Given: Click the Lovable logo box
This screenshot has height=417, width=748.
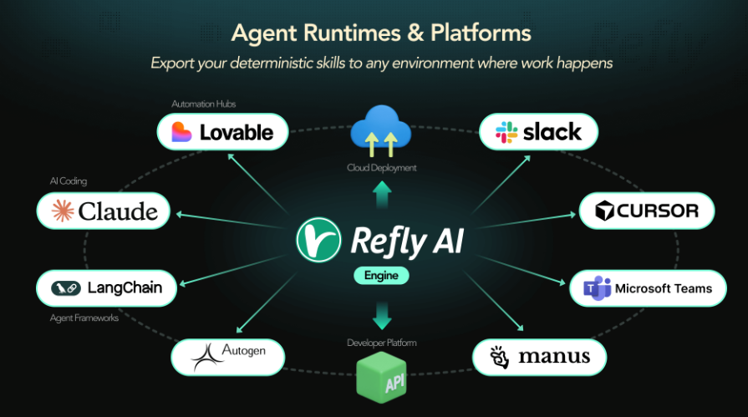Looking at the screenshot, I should [x=222, y=131].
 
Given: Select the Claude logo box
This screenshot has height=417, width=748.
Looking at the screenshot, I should [x=104, y=211].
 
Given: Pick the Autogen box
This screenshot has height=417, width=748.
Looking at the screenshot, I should [x=228, y=357].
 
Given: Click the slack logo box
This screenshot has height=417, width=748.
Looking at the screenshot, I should [x=539, y=131].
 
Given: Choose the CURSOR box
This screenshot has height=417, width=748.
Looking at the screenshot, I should [x=646, y=211].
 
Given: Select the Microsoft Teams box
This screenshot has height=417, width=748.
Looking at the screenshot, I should [x=647, y=288].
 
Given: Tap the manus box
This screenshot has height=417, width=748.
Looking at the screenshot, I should [x=539, y=357].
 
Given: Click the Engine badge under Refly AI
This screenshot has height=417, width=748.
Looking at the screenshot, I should [x=381, y=275].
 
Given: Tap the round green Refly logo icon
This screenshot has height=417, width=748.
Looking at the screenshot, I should [x=318, y=241].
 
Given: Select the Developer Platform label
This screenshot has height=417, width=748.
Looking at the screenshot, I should [x=382, y=343].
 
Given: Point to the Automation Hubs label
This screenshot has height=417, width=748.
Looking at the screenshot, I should [x=204, y=104].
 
